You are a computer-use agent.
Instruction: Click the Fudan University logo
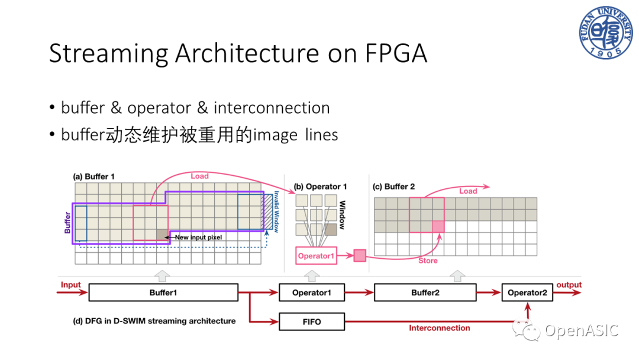coord(605,33)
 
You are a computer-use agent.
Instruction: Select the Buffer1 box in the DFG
coord(163,292)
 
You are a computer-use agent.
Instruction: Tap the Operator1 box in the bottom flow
coord(312,292)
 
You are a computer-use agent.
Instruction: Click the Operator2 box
coord(527,292)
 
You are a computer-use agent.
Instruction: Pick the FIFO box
coord(312,322)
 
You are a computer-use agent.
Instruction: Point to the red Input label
coord(70,285)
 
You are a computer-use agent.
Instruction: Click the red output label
coord(569,285)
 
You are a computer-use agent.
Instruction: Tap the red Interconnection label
coord(440,328)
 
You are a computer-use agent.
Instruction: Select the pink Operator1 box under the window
coord(317,256)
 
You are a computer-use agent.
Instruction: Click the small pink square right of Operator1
coord(360,256)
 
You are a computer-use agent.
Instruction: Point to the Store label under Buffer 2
coord(428,261)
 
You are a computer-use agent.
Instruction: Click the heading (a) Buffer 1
coord(93,176)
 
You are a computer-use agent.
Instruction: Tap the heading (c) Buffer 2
coord(393,187)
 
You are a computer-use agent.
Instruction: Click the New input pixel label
coord(198,237)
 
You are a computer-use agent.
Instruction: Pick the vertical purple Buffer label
coord(67,222)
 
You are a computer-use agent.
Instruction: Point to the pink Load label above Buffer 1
coord(200,176)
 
